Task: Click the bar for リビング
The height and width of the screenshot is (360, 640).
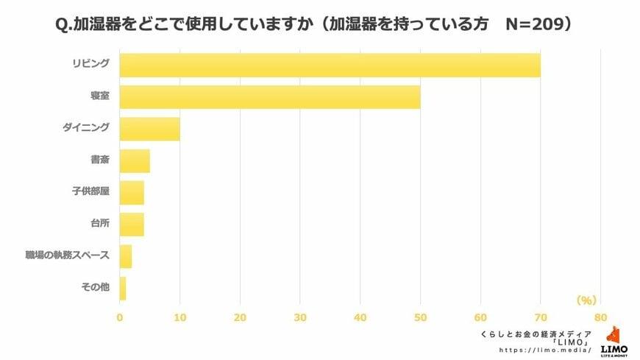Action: pyautogui.click(x=330, y=65)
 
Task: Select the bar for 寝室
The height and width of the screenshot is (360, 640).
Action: pyautogui.click(x=269, y=97)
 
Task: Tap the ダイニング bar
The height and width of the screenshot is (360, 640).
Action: pyautogui.click(x=149, y=129)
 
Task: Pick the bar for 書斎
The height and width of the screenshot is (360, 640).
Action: pyautogui.click(x=135, y=160)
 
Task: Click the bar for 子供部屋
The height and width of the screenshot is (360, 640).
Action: pyautogui.click(x=132, y=193)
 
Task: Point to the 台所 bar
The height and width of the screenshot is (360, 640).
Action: pyautogui.click(x=132, y=225)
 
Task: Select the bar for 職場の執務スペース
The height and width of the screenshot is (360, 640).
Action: pyautogui.click(x=126, y=256)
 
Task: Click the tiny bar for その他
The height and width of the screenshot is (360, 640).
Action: pyautogui.click(x=123, y=288)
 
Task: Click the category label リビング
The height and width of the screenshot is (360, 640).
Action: pyautogui.click(x=90, y=64)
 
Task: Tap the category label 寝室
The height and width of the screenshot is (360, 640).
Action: pyautogui.click(x=99, y=96)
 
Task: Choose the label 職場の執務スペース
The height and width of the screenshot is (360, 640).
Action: pyautogui.click(x=67, y=255)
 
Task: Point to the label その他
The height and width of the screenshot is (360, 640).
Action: pyautogui.click(x=95, y=287)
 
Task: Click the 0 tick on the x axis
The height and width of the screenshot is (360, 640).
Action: pyautogui.click(x=120, y=317)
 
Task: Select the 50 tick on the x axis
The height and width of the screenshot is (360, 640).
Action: pyautogui.click(x=420, y=317)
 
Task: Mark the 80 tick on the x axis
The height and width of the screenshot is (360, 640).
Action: pyautogui.click(x=600, y=317)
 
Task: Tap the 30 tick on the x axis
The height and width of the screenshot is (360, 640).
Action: pyautogui.click(x=300, y=317)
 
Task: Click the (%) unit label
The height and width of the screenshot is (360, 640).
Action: pyautogui.click(x=586, y=300)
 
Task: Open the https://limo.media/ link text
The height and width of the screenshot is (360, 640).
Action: pyautogui.click(x=545, y=350)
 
